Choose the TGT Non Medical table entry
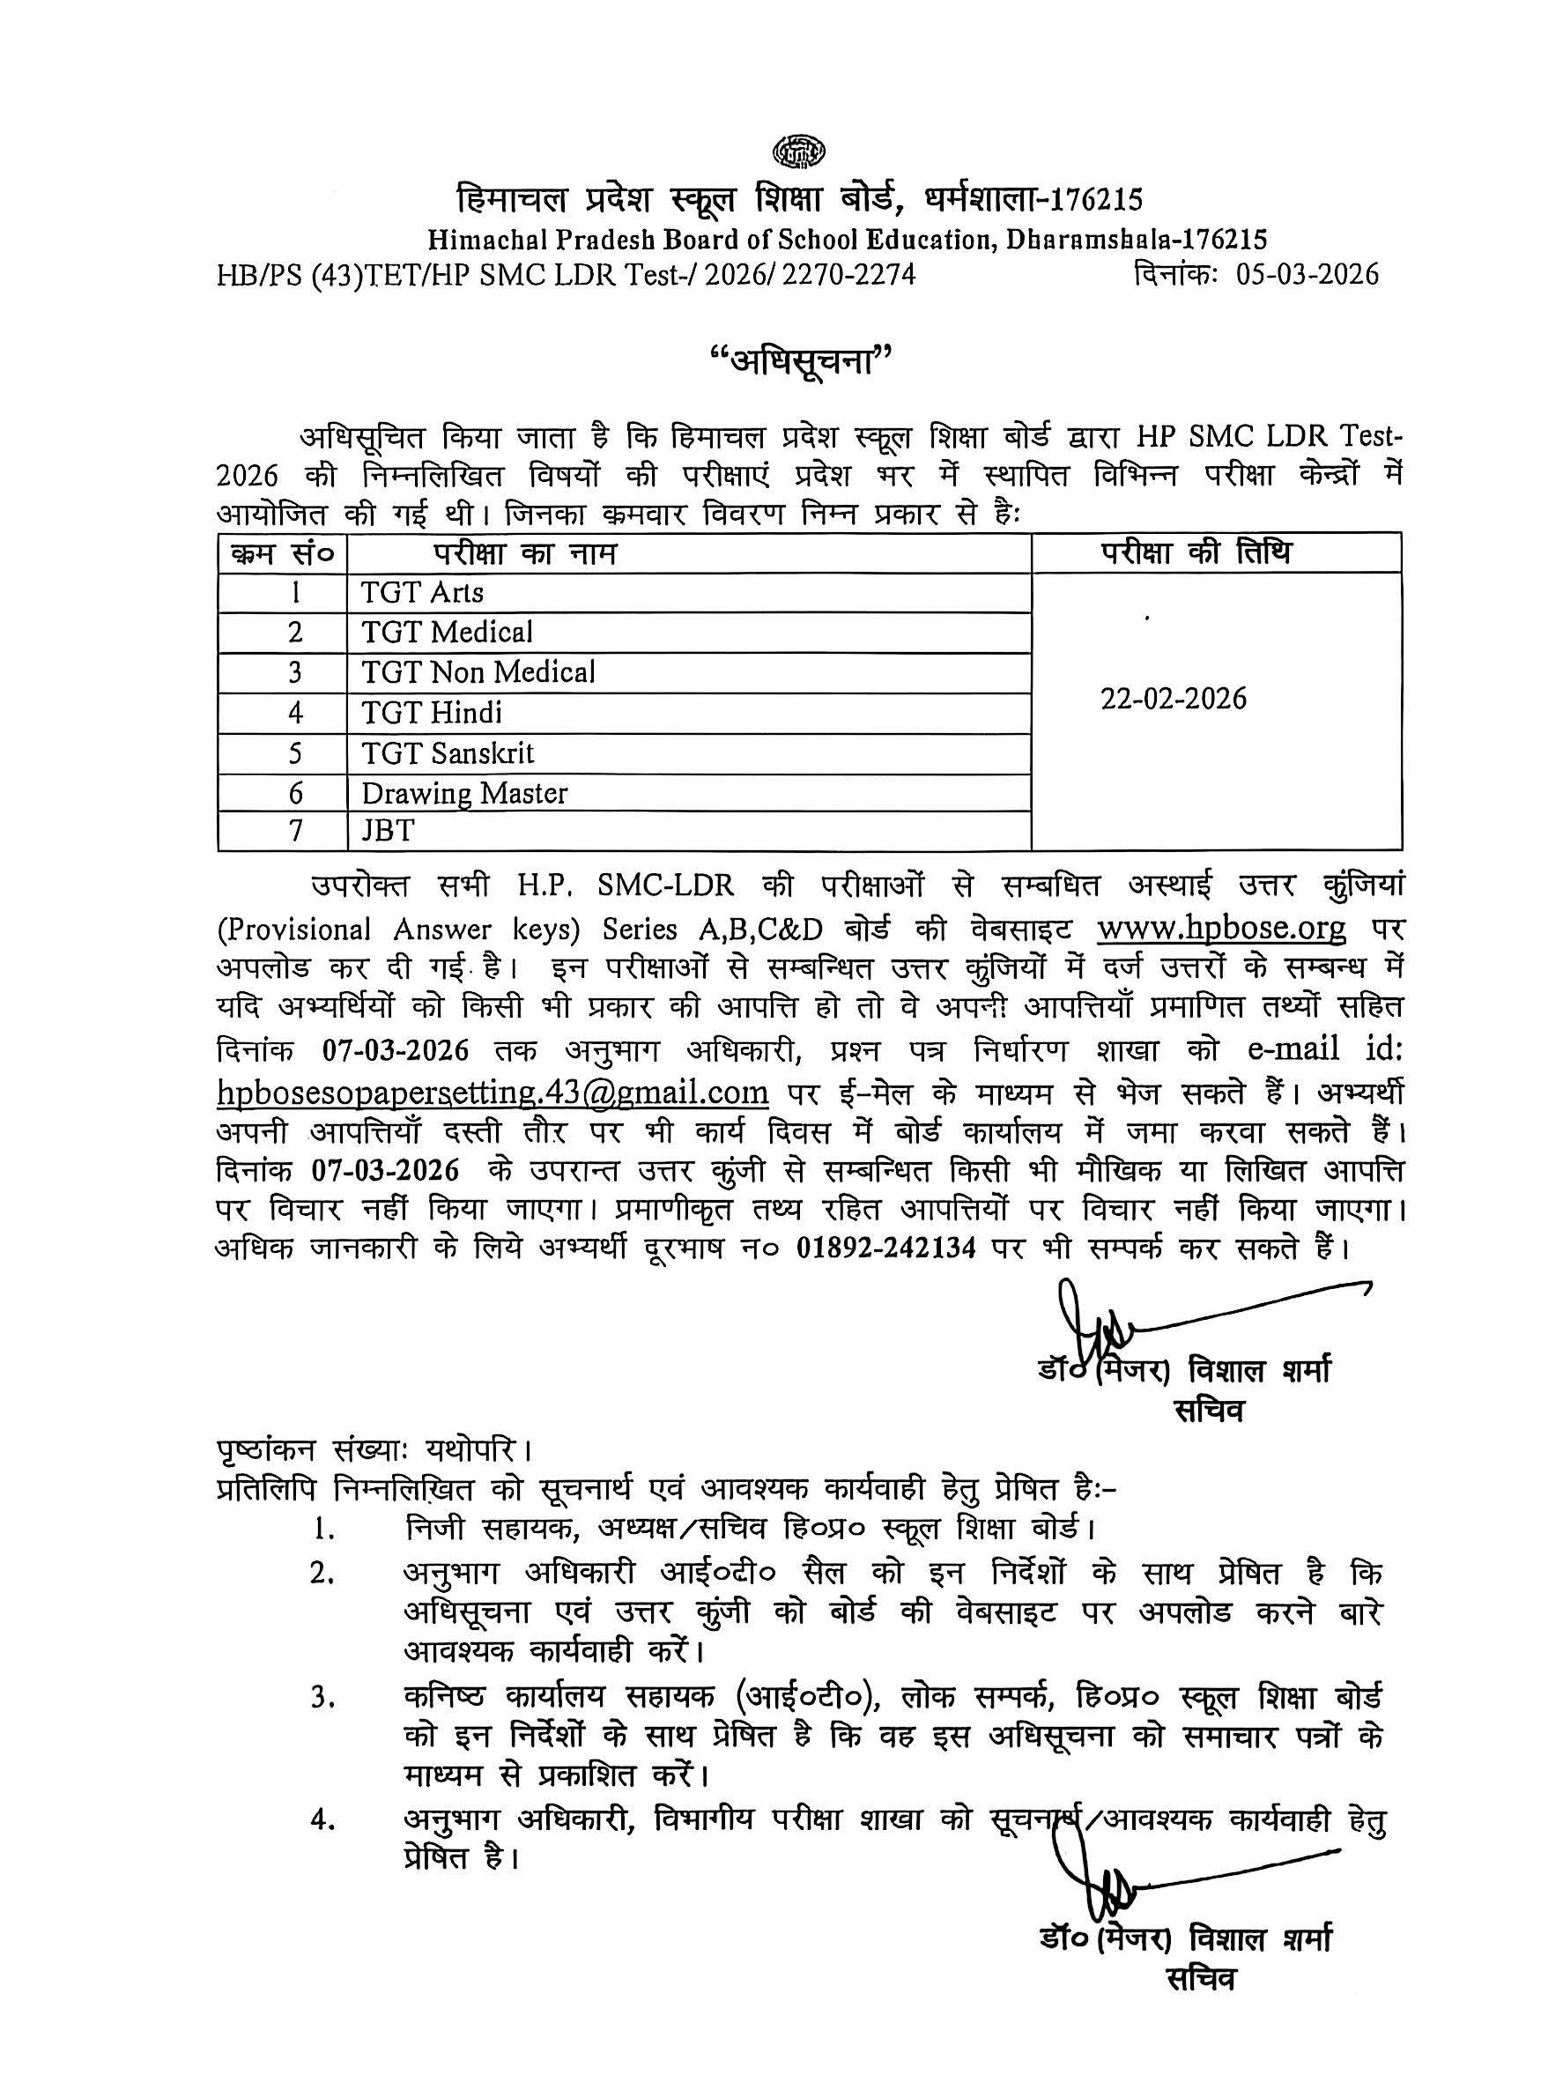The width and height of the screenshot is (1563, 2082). pos(478,673)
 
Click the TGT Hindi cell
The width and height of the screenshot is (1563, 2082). pos(432,714)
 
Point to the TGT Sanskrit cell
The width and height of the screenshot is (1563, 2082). pos(448,754)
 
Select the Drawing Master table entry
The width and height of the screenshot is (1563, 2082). pos(465,794)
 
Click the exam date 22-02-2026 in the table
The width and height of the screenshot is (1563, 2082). pos(1174,700)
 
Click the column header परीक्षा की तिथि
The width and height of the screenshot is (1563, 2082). pos(1196,552)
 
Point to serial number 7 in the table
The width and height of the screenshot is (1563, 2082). pos(295,831)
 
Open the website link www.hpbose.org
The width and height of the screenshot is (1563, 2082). pos(1221,929)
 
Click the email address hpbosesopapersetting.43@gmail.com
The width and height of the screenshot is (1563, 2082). pos(493,1093)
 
